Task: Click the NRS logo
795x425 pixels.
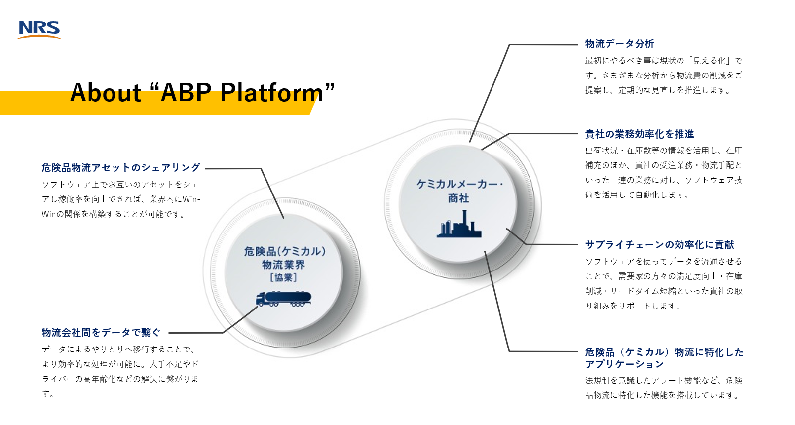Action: [x=39, y=30]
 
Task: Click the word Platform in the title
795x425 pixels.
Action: [x=271, y=93]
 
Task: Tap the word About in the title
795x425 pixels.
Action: [x=106, y=93]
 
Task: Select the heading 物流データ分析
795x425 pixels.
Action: [x=619, y=44]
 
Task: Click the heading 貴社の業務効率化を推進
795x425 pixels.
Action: [x=639, y=134]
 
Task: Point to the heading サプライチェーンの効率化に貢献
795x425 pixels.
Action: [x=659, y=245]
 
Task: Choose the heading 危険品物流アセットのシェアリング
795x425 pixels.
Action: [x=121, y=168]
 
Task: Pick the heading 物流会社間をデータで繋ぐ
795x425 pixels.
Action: [x=101, y=333]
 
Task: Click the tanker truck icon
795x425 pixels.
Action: [x=283, y=299]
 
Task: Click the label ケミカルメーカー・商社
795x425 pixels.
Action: [x=459, y=191]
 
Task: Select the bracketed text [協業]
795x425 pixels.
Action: [x=283, y=277]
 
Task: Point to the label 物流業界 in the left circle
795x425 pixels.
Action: [x=283, y=265]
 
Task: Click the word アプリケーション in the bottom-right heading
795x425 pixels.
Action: [x=624, y=364]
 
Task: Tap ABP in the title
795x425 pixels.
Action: [x=186, y=93]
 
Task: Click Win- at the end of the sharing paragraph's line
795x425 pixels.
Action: [x=191, y=199]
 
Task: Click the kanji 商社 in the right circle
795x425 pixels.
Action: [x=458, y=198]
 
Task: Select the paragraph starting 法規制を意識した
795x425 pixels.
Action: [x=663, y=387]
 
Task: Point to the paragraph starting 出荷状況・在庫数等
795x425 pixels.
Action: [x=663, y=172]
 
